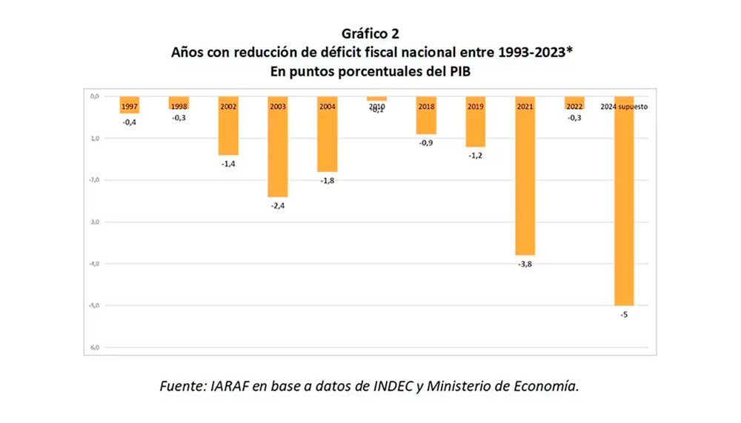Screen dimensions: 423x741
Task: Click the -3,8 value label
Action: coord(525,264)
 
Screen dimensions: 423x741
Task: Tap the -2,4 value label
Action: coord(278,206)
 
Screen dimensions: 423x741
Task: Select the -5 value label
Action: coord(624,315)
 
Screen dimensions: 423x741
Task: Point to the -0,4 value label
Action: coord(129,122)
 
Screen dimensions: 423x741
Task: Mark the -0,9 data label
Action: coord(426,143)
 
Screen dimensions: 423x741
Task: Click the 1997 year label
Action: coord(129,107)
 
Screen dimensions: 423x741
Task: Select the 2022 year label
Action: coord(574,107)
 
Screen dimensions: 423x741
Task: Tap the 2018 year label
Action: coord(426,107)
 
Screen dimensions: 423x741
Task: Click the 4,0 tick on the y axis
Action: coord(95,264)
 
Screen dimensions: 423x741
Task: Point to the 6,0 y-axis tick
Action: coord(95,347)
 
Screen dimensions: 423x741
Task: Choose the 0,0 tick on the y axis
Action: coord(95,96)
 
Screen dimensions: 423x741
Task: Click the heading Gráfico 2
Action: coord(370,34)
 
